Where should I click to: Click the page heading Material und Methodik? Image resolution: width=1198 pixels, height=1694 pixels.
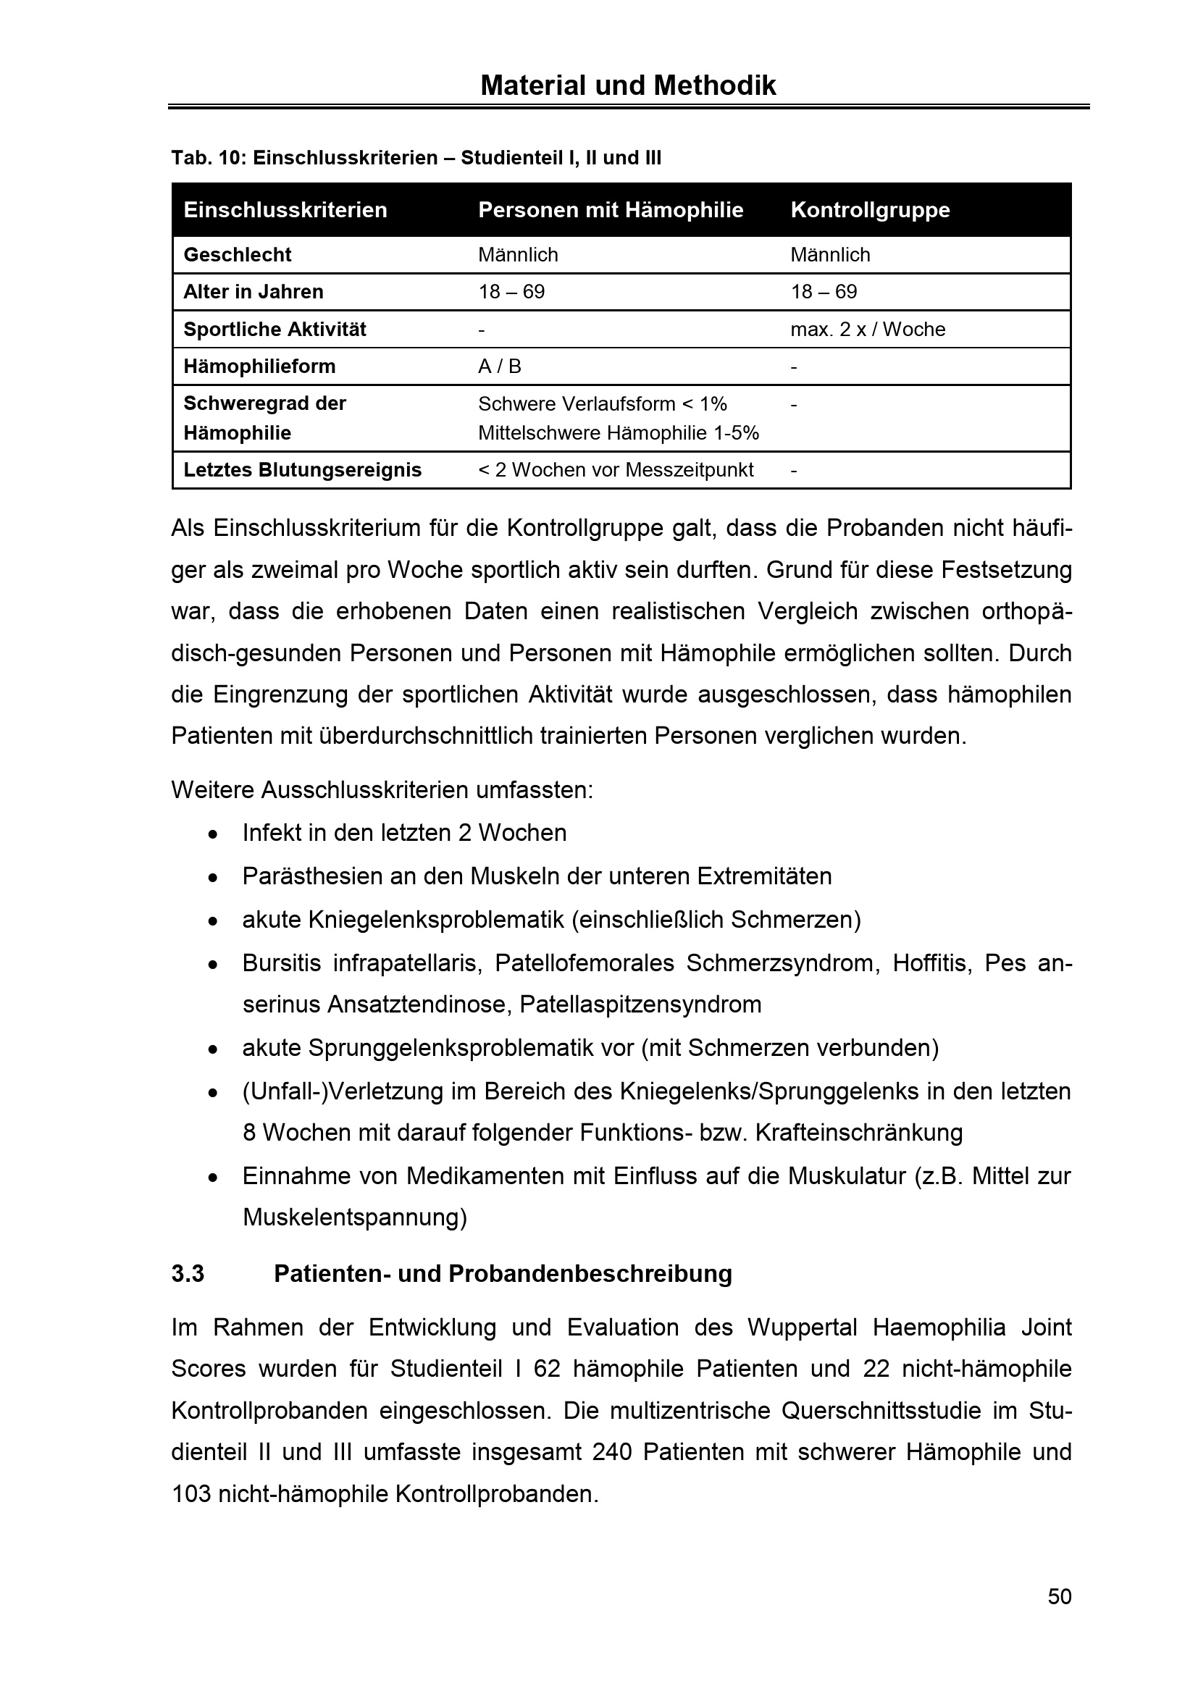click(x=628, y=86)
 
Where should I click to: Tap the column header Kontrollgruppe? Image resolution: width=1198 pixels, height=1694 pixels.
click(x=870, y=210)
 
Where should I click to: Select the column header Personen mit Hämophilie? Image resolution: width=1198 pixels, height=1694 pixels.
click(x=610, y=210)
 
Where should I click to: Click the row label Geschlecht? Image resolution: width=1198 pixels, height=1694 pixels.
click(x=237, y=255)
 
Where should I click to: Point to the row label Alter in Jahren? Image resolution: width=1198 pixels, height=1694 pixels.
click(x=253, y=292)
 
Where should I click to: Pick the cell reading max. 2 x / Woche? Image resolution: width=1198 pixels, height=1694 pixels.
click(x=868, y=330)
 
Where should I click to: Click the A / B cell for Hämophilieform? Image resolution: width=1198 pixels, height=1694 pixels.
click(x=500, y=366)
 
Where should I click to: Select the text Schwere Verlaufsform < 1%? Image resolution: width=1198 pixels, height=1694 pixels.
click(x=602, y=404)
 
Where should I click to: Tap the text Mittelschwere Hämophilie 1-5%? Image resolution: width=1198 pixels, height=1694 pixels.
click(x=618, y=433)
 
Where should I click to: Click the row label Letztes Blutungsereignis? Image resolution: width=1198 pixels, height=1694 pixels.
click(x=303, y=470)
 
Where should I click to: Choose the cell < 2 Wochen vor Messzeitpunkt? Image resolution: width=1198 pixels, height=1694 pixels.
click(x=615, y=470)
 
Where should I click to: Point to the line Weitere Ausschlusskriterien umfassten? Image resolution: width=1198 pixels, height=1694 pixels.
click(x=382, y=790)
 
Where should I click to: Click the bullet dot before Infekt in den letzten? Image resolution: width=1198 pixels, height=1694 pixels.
click(x=212, y=834)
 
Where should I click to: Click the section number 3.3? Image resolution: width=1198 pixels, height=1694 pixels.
click(x=188, y=1274)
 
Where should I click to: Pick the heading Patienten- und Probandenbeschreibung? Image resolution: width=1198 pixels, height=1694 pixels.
click(x=503, y=1274)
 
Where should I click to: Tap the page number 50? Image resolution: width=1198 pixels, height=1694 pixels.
click(x=1060, y=1598)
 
